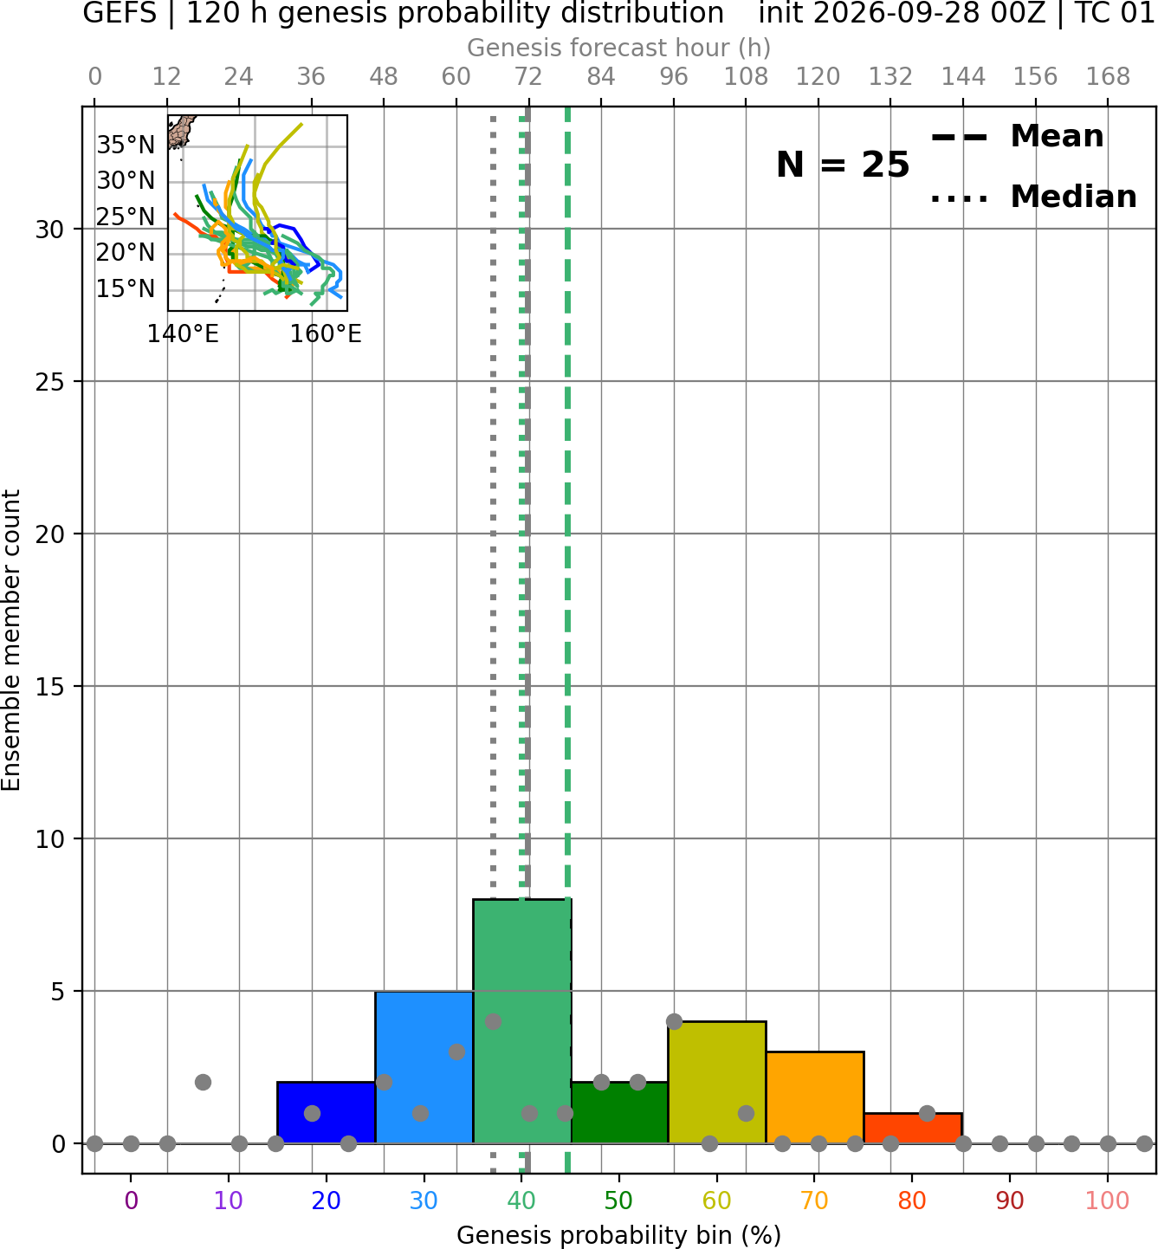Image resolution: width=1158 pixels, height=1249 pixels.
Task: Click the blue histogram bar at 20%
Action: pos(326,1112)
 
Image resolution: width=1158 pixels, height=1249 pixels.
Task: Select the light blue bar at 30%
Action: pos(424,1066)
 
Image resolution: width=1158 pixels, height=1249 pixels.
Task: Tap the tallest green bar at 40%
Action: pos(522,1020)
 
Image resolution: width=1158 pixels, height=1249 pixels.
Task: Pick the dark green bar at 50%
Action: pos(619,1112)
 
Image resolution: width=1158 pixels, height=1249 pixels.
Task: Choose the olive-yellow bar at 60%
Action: pos(717,1082)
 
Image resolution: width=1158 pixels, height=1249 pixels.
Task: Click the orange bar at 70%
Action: pos(815,1097)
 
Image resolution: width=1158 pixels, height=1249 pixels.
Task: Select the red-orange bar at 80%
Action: pos(913,1128)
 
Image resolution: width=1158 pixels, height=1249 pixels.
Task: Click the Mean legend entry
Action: pos(1018,136)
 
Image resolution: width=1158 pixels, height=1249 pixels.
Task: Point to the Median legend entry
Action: pos(1034,197)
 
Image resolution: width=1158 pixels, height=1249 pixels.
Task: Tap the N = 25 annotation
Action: pos(843,165)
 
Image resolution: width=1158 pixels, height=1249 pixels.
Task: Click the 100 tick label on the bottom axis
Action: pos(1107,1200)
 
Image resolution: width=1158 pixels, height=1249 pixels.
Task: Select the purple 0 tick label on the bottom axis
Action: pos(131,1200)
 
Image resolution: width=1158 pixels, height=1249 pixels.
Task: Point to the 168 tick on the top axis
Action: pos(1108,77)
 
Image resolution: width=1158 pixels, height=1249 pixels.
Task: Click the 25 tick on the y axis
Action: pos(49,382)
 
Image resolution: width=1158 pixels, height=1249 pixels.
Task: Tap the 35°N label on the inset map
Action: pos(126,145)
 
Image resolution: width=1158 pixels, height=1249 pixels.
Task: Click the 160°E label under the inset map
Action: pos(326,333)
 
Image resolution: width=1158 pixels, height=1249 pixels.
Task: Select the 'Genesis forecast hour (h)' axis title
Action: pos(619,48)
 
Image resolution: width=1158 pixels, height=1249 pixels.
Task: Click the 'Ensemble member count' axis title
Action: pos(10,640)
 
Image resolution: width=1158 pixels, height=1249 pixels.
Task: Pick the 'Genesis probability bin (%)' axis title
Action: pos(619,1235)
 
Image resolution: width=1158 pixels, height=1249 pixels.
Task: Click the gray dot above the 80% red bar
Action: pos(927,1113)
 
